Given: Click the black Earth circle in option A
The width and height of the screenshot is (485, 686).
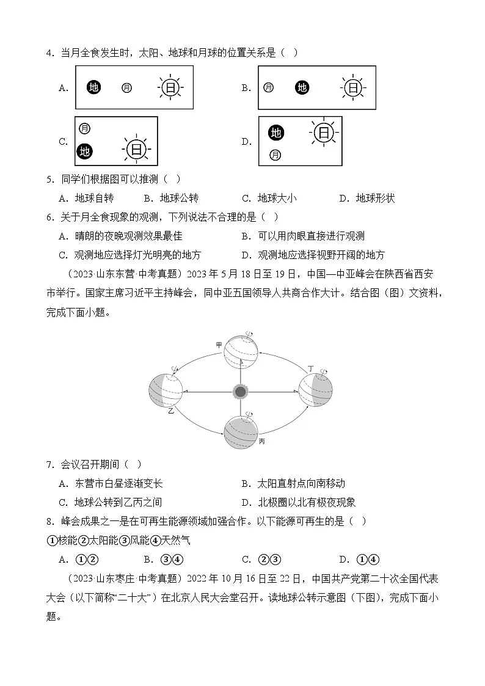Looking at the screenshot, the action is click(93, 88).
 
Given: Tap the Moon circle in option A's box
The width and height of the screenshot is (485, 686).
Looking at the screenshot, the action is click(126, 88).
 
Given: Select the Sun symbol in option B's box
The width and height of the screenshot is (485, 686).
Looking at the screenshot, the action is click(352, 88).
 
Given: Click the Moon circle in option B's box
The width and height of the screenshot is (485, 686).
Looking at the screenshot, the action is click(268, 88).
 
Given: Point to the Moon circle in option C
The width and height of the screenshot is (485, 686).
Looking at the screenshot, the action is click(85, 128).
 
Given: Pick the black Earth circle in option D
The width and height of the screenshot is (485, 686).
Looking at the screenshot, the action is click(276, 133).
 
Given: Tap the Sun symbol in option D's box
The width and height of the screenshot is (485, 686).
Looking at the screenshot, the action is click(323, 133).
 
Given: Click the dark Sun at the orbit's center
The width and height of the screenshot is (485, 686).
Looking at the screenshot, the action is click(241, 391).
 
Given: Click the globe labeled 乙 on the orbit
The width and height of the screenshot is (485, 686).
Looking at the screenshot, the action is click(166, 391).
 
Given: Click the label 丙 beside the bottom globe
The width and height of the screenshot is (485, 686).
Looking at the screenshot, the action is click(262, 440).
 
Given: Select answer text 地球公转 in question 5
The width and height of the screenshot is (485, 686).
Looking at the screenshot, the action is click(179, 198).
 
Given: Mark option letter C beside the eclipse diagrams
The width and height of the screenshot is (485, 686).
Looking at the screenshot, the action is click(63, 142).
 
